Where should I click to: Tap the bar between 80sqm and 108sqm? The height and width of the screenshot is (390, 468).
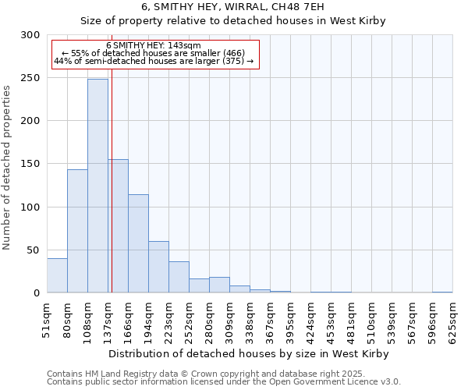click(x=77, y=231)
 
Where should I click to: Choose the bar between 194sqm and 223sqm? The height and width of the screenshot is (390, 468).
click(x=158, y=267)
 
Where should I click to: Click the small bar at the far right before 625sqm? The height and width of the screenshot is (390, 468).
click(x=442, y=292)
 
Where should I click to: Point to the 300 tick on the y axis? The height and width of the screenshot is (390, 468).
click(x=31, y=35)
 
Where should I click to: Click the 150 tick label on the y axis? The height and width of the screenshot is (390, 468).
click(x=31, y=164)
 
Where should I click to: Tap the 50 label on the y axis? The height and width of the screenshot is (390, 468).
click(x=34, y=250)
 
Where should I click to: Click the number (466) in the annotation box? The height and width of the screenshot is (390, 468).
click(x=232, y=53)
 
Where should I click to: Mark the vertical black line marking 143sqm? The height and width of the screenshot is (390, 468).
click(x=112, y=195)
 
